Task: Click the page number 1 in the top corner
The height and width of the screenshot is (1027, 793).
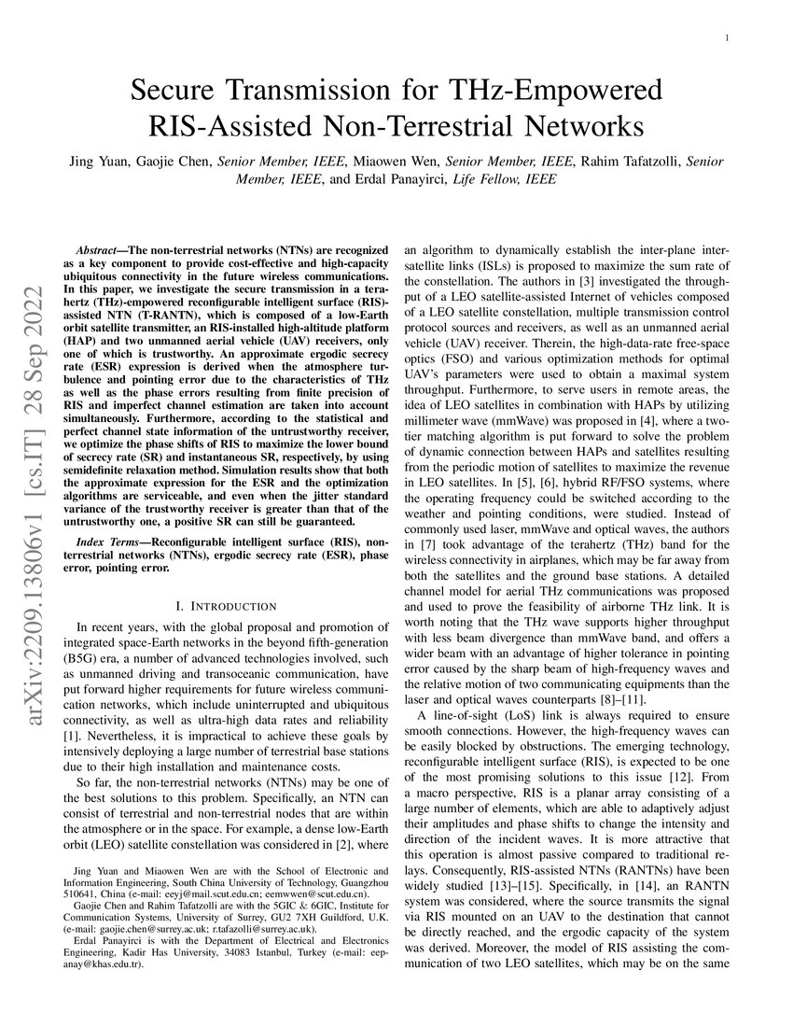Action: click(727, 37)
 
